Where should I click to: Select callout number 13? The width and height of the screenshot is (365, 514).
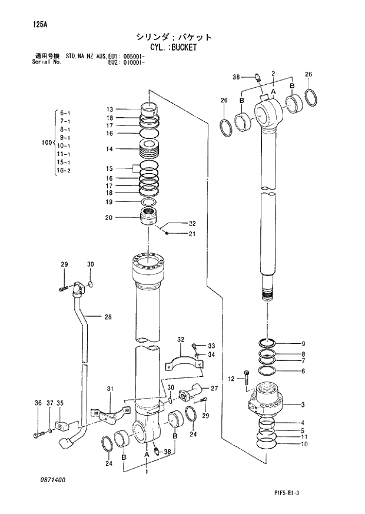tap(109, 110)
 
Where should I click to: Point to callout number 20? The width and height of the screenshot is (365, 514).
tap(109, 217)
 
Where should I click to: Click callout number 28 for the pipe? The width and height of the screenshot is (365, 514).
tap(108, 317)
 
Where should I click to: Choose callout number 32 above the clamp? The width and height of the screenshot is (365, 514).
tap(181, 339)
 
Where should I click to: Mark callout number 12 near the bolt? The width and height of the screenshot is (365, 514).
tap(231, 378)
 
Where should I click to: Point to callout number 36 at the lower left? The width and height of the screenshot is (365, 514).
tap(38, 403)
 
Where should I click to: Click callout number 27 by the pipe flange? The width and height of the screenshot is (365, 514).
tap(214, 389)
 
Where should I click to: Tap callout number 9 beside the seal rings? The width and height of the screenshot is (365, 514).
tap(303, 344)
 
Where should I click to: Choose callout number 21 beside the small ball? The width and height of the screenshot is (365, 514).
tap(192, 234)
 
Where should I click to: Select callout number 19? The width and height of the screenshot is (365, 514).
tap(109, 202)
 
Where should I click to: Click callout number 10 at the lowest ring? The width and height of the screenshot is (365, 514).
tap(303, 445)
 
